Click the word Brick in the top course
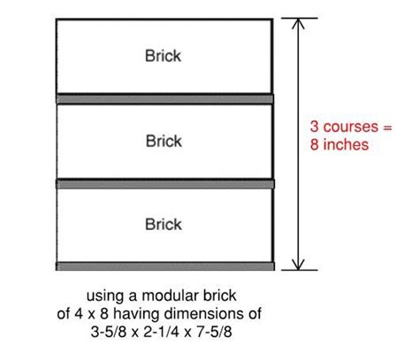tap(163, 56)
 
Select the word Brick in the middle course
tap(164, 141)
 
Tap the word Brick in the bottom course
tap(164, 224)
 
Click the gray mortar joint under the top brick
tap(164, 99)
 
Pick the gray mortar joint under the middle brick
tap(165, 184)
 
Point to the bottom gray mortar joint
tap(165, 266)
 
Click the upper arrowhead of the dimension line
tap(298, 24)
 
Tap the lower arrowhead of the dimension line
tap(298, 264)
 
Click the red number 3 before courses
tap(315, 126)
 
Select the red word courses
tap(351, 127)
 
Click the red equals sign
tap(387, 127)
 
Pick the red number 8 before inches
tap(315, 145)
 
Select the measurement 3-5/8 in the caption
tap(109, 332)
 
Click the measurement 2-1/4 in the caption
tap(162, 332)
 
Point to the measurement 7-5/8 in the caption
tap(214, 332)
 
